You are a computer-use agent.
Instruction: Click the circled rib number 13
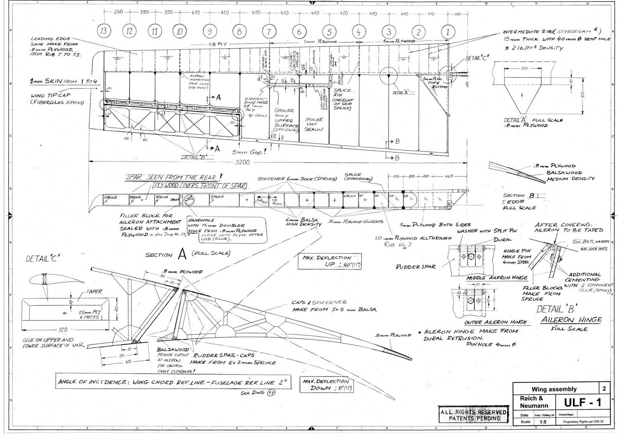tap(103, 32)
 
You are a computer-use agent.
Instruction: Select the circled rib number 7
tap(269, 32)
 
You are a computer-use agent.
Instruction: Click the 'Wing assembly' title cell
tap(554, 389)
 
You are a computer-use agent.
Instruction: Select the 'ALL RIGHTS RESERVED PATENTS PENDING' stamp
tap(473, 415)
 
